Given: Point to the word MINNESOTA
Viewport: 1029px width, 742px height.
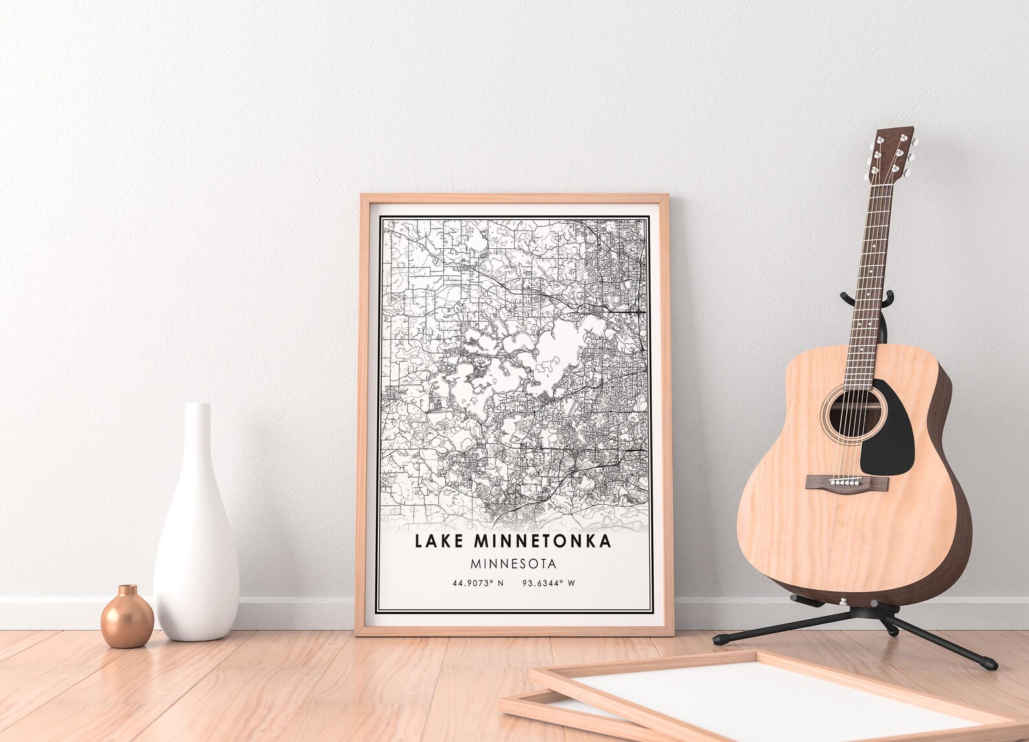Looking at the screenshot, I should click(x=514, y=564).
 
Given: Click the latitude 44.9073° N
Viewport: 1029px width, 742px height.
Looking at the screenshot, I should click(x=478, y=583).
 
